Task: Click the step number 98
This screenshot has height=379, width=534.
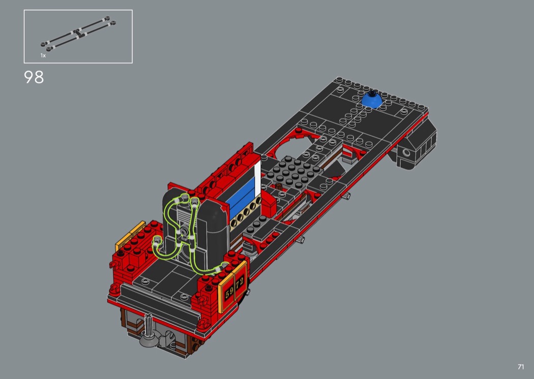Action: (x=34, y=77)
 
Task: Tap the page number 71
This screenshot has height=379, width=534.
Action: (x=521, y=367)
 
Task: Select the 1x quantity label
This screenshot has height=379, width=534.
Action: (x=43, y=55)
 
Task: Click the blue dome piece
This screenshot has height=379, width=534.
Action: (x=371, y=100)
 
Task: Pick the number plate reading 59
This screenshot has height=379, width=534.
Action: (x=229, y=292)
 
